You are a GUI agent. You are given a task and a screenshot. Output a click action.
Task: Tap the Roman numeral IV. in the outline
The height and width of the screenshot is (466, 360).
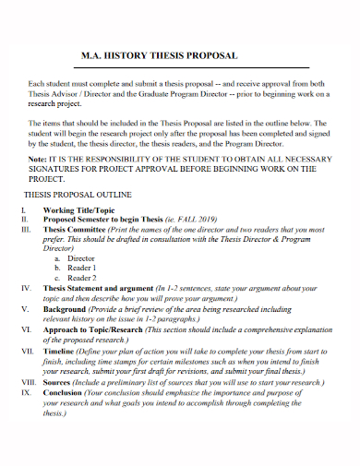coord(26,289)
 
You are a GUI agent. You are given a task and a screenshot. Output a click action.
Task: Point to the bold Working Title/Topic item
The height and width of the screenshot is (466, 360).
coord(78,210)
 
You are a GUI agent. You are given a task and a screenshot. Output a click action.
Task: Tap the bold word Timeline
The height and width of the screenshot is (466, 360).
coord(62,352)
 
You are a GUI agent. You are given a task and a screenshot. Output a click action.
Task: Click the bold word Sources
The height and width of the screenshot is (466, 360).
coord(60,380)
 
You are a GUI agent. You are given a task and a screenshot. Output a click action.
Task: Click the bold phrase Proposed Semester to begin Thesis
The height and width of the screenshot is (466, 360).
coord(107,220)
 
